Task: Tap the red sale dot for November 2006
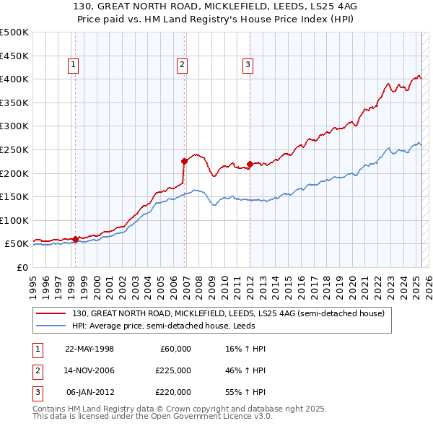pos(184,160)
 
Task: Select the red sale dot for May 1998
pos(76,239)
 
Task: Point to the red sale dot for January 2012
pos(250,163)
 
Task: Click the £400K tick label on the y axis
pos(14,79)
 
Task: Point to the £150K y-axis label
pos(14,196)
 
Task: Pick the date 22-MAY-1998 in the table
pos(89,349)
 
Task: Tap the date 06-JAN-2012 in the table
pos(89,392)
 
